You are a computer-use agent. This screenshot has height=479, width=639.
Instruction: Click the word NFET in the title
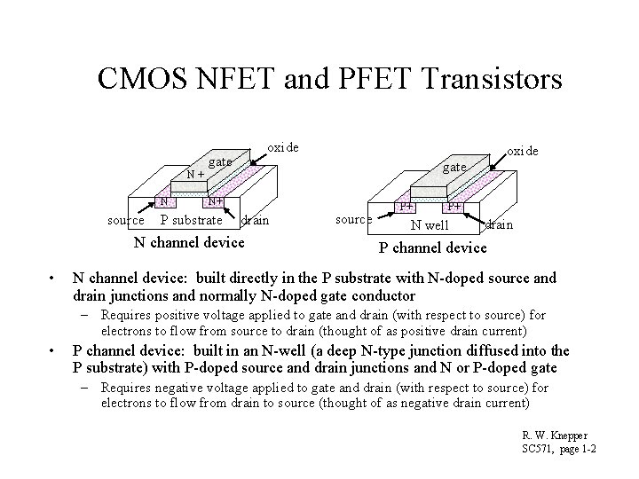pos(218,80)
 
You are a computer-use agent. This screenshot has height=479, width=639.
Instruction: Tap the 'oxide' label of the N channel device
pos(282,146)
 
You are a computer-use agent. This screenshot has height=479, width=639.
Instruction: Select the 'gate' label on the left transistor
pos(220,162)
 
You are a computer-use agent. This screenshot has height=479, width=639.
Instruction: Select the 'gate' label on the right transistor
pos(454,167)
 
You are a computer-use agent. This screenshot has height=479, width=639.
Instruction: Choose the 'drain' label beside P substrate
pos(256,220)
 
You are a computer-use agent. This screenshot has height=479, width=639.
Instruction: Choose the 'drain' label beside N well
pos(500,225)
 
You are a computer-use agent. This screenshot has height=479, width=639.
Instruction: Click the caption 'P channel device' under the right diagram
pos(433,247)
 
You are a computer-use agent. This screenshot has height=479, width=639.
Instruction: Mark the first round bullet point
pos(54,278)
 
